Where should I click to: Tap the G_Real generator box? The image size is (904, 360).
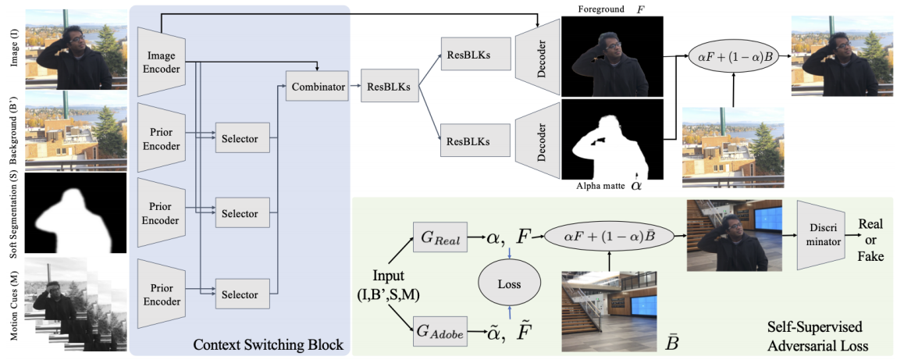pos(440,237)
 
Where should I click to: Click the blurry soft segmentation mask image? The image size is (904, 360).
pos(76,212)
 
